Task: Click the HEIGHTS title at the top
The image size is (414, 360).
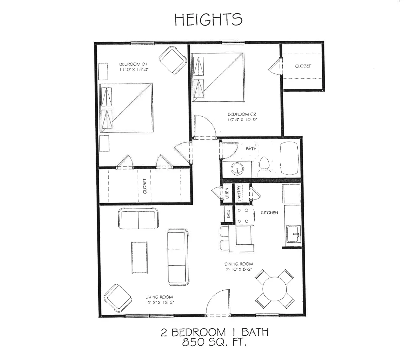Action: coord(208,19)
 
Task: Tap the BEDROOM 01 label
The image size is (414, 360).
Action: coord(133,64)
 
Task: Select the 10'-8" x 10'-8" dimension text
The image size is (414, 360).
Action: coord(242,119)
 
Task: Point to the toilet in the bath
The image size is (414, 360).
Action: coord(264,167)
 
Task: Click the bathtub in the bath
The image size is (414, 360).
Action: coord(289,158)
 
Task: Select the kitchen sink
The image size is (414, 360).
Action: coord(293,234)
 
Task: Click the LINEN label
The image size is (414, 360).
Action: coord(227,193)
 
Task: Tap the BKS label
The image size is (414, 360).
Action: coord(228,214)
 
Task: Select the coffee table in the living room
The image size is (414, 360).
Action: coord(139,257)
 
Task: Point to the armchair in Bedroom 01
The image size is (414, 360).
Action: coord(173,60)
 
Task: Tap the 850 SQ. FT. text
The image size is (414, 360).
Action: coord(214,342)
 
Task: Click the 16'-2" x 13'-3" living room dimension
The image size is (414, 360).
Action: coord(159,302)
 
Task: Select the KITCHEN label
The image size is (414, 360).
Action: coord(269,213)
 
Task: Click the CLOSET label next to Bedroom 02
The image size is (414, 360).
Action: coord(303,66)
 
